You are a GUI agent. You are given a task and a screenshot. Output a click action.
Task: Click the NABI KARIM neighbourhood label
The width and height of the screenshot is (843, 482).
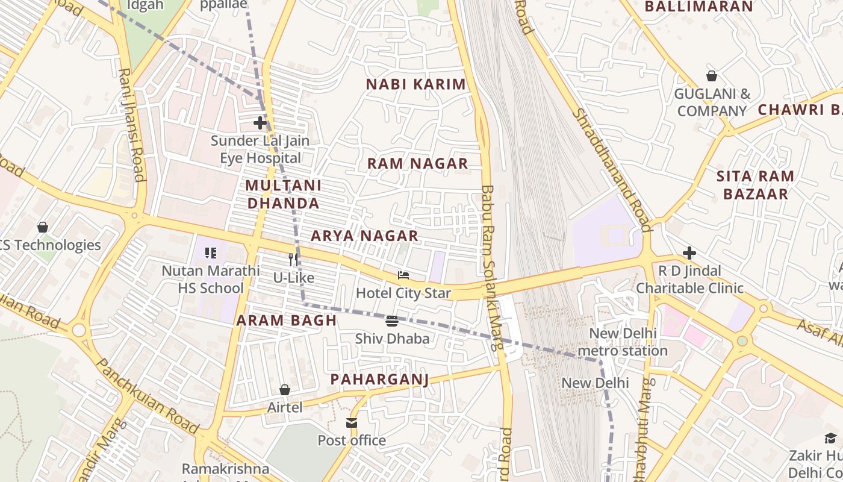click(416, 84)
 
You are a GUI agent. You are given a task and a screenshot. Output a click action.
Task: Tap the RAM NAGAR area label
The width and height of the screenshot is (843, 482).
click(417, 163)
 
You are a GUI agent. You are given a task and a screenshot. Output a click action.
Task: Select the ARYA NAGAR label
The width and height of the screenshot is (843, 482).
click(364, 236)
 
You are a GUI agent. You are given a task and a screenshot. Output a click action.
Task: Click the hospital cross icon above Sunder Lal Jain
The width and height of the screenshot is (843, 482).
click(260, 123)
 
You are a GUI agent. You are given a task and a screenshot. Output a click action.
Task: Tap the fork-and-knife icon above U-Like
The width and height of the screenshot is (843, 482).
click(293, 260)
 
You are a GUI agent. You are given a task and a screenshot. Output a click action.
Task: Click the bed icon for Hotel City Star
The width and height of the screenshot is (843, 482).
click(403, 275)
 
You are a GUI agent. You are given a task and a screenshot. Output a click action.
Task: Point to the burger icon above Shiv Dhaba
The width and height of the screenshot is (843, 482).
click(392, 321)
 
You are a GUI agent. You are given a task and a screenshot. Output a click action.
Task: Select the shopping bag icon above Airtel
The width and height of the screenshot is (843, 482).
click(285, 390)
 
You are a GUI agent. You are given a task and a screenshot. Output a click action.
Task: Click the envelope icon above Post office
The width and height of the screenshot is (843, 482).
click(352, 423)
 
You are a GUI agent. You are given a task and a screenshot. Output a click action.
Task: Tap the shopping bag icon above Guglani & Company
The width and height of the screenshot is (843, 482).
click(712, 76)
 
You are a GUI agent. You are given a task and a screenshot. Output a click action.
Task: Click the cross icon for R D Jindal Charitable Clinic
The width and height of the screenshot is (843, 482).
click(689, 252)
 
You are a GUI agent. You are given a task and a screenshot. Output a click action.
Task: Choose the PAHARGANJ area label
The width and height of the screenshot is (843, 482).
click(379, 379)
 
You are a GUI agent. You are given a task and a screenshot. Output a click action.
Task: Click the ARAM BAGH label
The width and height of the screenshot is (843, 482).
click(286, 321)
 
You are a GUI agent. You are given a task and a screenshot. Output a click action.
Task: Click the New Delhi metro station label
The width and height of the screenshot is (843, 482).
click(623, 342)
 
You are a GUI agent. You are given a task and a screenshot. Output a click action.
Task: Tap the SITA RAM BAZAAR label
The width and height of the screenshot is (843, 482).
click(755, 185)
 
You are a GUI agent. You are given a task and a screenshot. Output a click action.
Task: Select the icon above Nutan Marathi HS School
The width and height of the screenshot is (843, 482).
click(210, 252)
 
